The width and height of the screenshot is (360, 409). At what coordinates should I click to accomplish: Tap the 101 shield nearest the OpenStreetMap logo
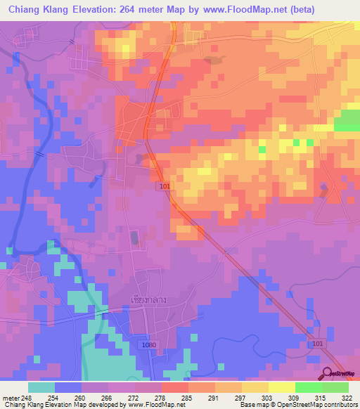click(316, 342)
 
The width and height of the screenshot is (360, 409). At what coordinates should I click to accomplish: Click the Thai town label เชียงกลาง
click(148, 299)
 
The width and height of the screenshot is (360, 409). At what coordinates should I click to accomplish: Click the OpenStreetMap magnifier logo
click(328, 373)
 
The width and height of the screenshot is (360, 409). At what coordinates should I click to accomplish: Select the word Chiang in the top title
click(29, 10)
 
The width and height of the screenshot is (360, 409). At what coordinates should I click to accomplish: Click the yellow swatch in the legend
click(281, 387)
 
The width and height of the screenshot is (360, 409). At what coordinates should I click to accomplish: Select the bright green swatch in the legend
click(308, 387)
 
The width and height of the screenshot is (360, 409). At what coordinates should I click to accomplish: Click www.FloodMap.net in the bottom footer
click(153, 405)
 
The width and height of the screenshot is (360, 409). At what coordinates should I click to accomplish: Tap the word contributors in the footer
click(340, 405)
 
